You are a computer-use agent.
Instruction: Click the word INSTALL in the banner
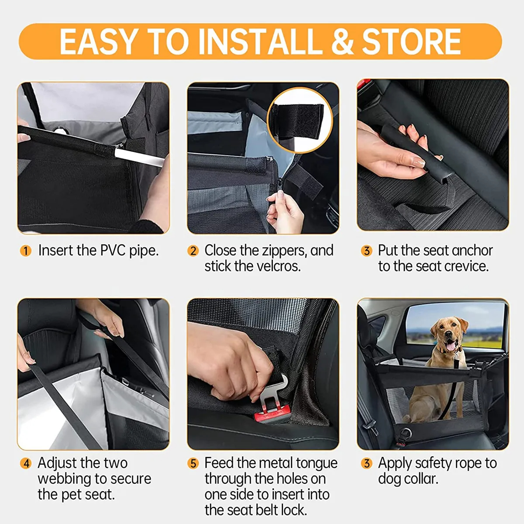point(261,42)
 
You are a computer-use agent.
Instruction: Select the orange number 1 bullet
point(26,251)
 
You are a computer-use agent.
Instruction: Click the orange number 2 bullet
point(193,251)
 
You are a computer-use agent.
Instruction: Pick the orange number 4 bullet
point(26,463)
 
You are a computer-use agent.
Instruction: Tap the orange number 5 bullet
point(193,463)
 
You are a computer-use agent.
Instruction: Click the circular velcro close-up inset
point(300,120)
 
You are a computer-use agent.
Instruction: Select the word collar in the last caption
point(419,479)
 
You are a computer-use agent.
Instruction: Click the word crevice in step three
point(464,266)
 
